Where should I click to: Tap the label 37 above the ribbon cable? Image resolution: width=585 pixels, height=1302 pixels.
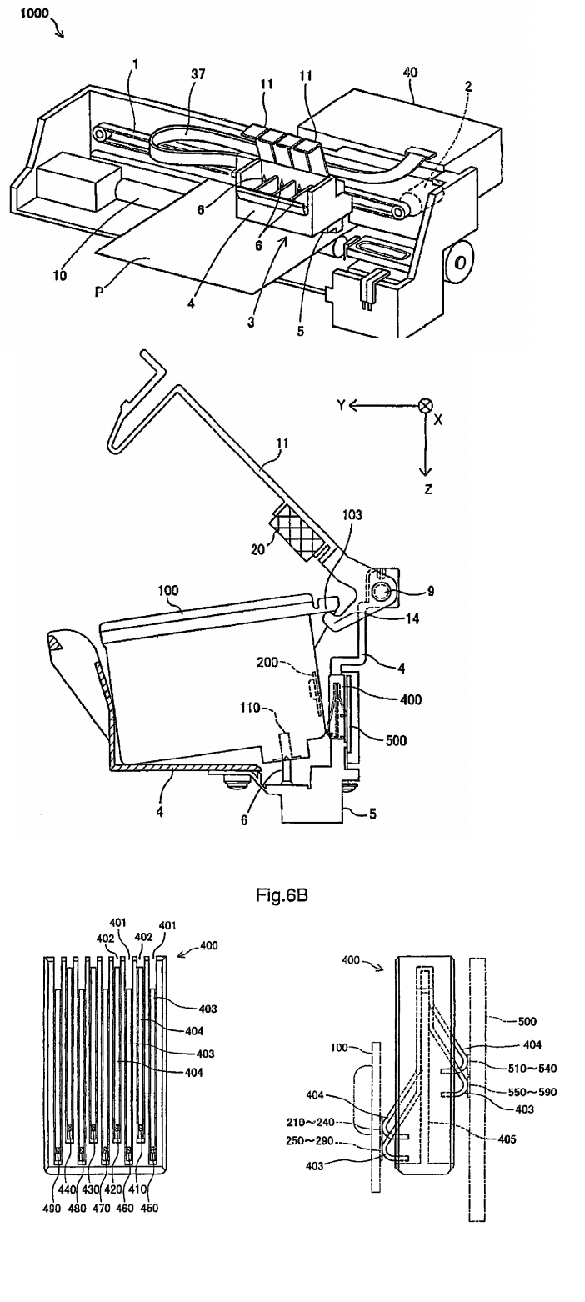(197, 75)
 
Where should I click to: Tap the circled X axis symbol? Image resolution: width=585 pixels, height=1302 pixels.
(426, 406)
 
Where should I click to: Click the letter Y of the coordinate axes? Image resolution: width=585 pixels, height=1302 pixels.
(341, 406)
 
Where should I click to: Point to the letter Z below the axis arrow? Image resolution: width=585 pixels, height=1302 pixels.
(428, 489)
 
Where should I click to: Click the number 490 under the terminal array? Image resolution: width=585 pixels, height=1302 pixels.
(52, 1208)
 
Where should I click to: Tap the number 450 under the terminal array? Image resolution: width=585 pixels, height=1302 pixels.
(150, 1208)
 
